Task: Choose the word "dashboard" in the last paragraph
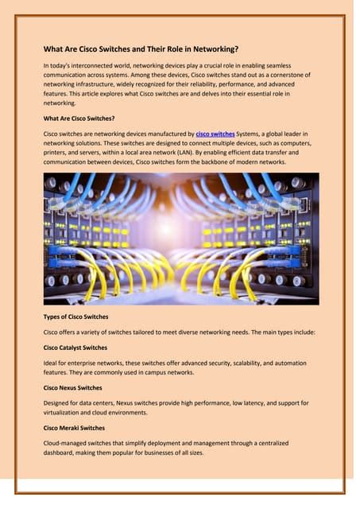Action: (61, 453)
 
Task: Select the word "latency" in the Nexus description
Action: (252, 402)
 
